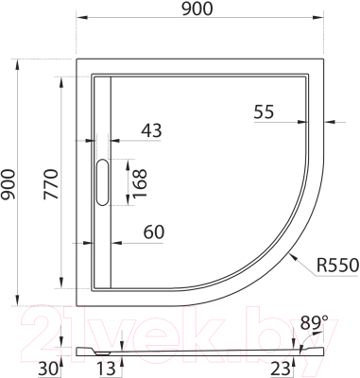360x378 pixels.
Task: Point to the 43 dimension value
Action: (151, 131)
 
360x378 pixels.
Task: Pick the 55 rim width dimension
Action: (264, 111)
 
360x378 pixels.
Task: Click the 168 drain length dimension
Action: (140, 180)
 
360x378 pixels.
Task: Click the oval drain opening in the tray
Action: (102, 180)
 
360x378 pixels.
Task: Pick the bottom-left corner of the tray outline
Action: (76, 303)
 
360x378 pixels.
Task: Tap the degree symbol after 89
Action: (325, 318)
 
